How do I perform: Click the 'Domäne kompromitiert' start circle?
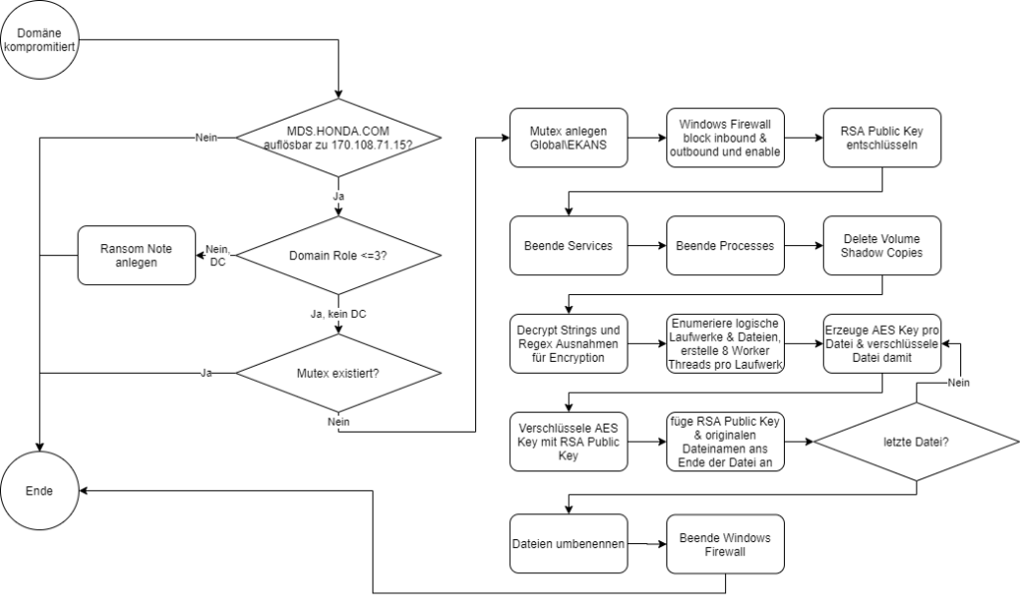pyautogui.click(x=40, y=41)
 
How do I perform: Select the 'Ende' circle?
pyautogui.click(x=40, y=491)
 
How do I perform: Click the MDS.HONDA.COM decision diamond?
pyautogui.click(x=339, y=137)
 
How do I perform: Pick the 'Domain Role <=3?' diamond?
pyautogui.click(x=339, y=255)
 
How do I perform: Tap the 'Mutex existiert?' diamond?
pyautogui.click(x=339, y=374)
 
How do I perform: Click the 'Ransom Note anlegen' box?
pyautogui.click(x=136, y=255)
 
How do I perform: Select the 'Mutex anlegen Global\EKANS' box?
pyautogui.click(x=568, y=137)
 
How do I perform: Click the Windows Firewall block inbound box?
pyautogui.click(x=724, y=137)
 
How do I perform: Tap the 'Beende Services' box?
pyautogui.click(x=568, y=245)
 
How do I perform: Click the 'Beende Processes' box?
pyautogui.click(x=724, y=245)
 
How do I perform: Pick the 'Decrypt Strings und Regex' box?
pyautogui.click(x=568, y=342)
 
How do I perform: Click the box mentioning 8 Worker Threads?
pyautogui.click(x=724, y=342)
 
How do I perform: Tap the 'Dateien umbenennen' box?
pyautogui.click(x=568, y=544)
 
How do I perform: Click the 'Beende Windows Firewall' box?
pyautogui.click(x=724, y=544)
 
